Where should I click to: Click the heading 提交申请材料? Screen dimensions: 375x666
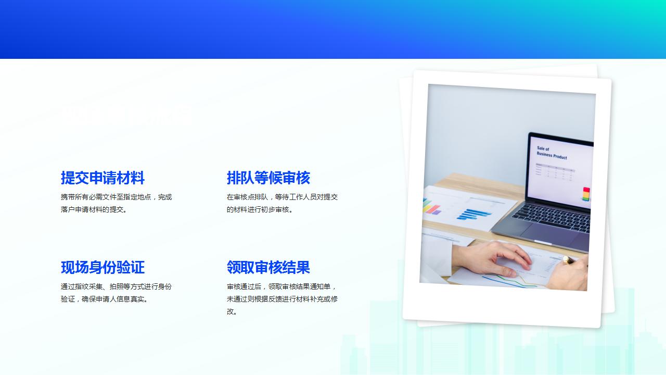pyautogui.click(x=103, y=178)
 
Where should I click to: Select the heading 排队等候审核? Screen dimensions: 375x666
pyautogui.click(x=268, y=178)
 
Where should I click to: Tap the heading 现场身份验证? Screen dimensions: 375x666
pyautogui.click(x=103, y=268)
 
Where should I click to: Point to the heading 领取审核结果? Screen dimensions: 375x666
pyautogui.click(x=268, y=268)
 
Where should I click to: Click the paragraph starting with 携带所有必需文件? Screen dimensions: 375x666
pyautogui.click(x=116, y=203)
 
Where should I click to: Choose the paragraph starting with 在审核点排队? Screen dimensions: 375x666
pyautogui.click(x=282, y=203)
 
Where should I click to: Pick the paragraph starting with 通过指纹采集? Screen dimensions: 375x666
pyautogui.click(x=116, y=293)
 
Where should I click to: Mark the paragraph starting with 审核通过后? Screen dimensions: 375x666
pyautogui.click(x=282, y=299)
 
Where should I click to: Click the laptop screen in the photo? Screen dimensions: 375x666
pyautogui.click(x=561, y=169)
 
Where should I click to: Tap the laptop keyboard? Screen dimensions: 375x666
pyautogui.click(x=552, y=216)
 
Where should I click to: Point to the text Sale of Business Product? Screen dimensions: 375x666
pyautogui.click(x=551, y=153)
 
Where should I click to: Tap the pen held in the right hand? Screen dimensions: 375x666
pyautogui.click(x=569, y=259)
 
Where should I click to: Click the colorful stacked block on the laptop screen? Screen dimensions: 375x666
pyautogui.click(x=586, y=194)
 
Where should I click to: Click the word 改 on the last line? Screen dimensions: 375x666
pyautogui.click(x=230, y=311)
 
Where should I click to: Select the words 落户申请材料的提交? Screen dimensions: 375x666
pyautogui.click(x=93, y=209)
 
